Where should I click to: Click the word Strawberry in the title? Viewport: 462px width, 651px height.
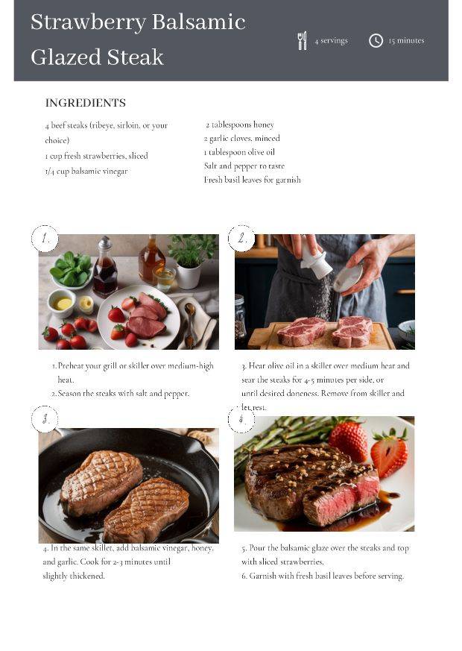(88, 23)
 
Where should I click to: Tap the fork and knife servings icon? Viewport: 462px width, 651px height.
(303, 41)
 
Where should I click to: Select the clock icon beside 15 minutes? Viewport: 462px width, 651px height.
(376, 41)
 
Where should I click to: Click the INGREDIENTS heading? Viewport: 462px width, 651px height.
(86, 103)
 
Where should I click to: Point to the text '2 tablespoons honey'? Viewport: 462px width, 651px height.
(240, 125)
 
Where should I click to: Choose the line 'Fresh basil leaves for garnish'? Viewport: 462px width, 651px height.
(252, 180)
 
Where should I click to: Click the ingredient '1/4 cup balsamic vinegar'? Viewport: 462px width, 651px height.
(86, 171)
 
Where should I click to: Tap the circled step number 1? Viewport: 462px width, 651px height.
(45, 239)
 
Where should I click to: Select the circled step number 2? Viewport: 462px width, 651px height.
(241, 239)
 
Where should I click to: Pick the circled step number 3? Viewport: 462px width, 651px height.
(45, 419)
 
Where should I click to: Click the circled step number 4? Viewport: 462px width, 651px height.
(241, 419)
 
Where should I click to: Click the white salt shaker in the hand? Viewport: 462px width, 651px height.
(315, 257)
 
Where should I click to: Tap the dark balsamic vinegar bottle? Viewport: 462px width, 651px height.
(105, 266)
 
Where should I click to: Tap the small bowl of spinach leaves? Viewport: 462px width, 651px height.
(72, 270)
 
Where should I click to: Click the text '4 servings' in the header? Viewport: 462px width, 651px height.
(331, 41)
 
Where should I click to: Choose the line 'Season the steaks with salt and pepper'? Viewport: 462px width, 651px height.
(120, 393)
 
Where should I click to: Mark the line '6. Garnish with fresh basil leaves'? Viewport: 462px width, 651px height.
(323, 576)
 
